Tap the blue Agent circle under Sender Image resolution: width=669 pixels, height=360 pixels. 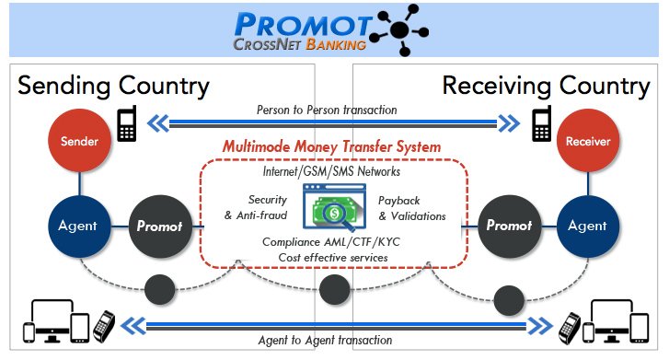[x=75, y=225]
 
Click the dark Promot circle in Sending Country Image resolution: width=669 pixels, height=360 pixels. [x=157, y=225]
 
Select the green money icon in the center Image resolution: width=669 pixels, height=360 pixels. [x=334, y=209]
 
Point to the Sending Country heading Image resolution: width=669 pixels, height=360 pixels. [x=114, y=87]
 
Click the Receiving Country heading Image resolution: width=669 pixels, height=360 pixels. [x=546, y=87]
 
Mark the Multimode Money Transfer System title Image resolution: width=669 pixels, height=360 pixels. [x=332, y=146]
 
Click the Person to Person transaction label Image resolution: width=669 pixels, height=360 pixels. [x=327, y=110]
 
